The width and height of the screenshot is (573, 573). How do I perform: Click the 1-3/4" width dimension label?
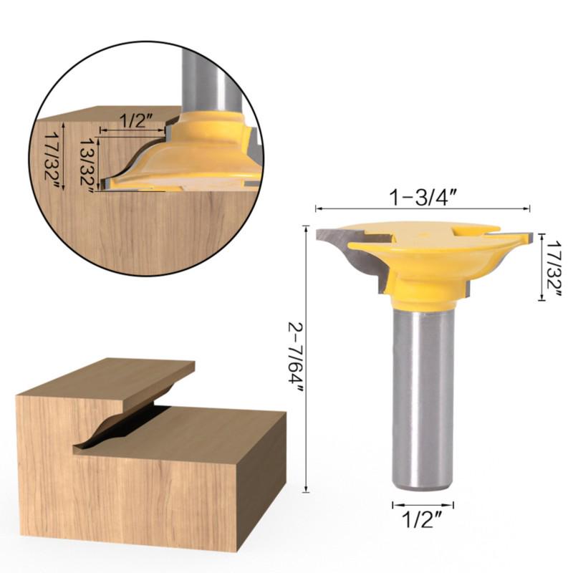[x=423, y=196]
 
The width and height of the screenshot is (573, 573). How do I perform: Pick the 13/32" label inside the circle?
[x=87, y=163]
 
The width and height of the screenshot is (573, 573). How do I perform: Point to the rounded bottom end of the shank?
[x=422, y=483]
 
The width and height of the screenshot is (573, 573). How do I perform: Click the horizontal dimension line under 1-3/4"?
[x=423, y=209]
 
